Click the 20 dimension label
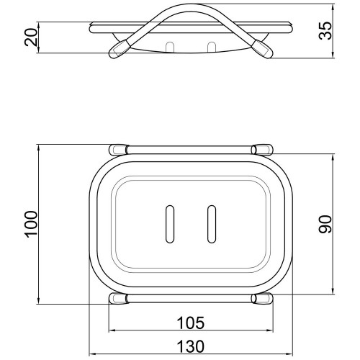pyautogui.click(x=32, y=37)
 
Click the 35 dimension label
pyautogui.click(x=325, y=31)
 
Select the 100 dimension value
pyautogui.click(x=32, y=224)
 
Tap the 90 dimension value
pyautogui.click(x=325, y=224)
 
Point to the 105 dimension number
pyautogui.click(x=191, y=323)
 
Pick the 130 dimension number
pyautogui.click(x=191, y=346)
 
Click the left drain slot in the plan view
pyautogui.click(x=170, y=224)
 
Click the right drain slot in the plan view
pyautogui.click(x=212, y=224)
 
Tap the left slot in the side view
pyautogui.click(x=170, y=47)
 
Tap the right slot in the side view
pyautogui.click(x=212, y=47)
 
